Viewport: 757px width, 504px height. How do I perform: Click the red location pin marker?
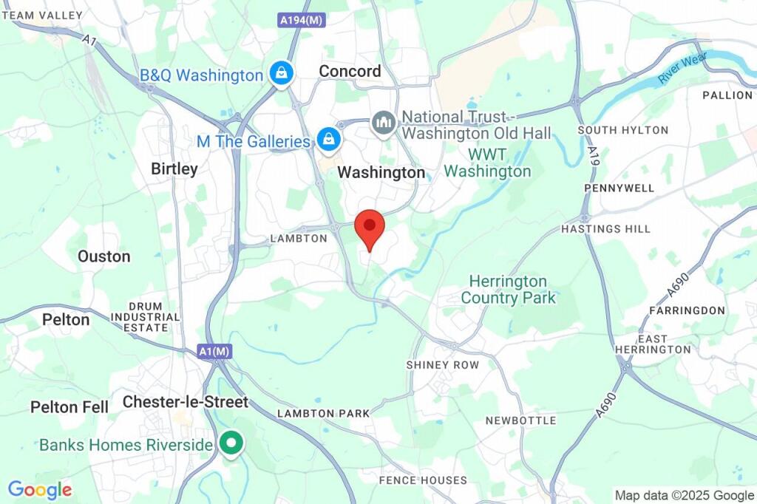pos(370,226)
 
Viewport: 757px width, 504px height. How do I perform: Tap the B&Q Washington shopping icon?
pos(282,73)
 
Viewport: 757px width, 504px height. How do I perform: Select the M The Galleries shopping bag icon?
pos(327,137)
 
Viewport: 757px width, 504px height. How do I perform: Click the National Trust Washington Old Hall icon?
pos(384,122)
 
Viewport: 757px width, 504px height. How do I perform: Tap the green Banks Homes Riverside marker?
pos(232,443)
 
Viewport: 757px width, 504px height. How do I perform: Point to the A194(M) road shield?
pos(302,21)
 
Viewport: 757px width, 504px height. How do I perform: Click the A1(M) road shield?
pos(214,353)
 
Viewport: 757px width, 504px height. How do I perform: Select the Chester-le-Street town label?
pos(186,402)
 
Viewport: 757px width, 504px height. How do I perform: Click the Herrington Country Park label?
pos(508,290)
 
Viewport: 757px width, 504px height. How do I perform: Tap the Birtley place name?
pos(174,169)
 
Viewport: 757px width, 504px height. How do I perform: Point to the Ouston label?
pos(104,256)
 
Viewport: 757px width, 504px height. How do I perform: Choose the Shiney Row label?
pos(443,365)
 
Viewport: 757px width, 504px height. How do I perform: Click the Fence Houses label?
pos(423,480)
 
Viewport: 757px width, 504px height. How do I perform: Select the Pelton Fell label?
pos(69,407)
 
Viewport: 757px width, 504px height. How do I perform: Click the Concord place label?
pos(350,71)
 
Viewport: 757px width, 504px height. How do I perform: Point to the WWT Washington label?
pos(487,163)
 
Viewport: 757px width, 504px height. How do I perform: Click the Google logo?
pos(40,489)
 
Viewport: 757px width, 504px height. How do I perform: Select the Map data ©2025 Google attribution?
pos(684,496)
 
